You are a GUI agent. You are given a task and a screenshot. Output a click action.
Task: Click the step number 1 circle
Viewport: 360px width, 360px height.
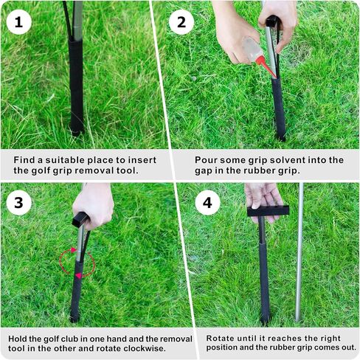coord(18,22)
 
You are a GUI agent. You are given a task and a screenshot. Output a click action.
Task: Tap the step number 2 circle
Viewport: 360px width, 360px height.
coord(181,22)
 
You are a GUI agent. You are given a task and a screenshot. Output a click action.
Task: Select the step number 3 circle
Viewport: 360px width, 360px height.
coord(18,203)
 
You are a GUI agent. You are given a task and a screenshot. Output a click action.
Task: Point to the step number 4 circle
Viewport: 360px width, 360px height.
coord(207,203)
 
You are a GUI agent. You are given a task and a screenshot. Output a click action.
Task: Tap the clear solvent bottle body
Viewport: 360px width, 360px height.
coord(252,49)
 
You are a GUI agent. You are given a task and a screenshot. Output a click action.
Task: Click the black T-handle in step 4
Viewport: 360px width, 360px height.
coord(268,211)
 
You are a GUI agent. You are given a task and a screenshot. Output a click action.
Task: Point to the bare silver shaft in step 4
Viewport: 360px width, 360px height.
coord(300,252)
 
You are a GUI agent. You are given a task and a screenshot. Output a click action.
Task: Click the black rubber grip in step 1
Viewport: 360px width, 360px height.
coord(76,86)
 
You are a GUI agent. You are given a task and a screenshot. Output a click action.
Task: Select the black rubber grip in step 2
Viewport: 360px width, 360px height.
coord(279,108)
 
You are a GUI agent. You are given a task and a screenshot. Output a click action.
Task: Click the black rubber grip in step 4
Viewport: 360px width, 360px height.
coord(264,282)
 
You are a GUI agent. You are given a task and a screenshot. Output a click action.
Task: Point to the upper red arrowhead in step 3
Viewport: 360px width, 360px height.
coord(73,250)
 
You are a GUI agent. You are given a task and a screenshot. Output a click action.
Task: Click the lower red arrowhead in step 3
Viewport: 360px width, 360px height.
coord(78,276)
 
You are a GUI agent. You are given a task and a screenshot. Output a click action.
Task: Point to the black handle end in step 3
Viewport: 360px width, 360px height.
coord(80,219)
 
